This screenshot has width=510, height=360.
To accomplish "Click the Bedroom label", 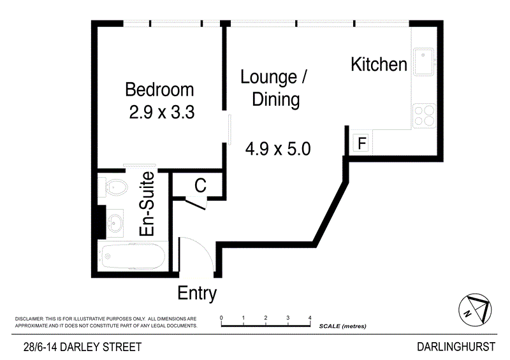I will pyautogui.click(x=159, y=89).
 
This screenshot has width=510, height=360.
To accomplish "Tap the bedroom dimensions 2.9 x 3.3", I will pyautogui.click(x=161, y=113).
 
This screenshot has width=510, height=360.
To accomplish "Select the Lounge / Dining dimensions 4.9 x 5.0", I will pyautogui.click(x=277, y=150).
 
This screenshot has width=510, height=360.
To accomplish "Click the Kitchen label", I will pyautogui.click(x=379, y=64).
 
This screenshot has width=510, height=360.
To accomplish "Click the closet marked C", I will pyautogui.click(x=200, y=186).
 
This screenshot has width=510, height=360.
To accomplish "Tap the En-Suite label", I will pyautogui.click(x=148, y=204).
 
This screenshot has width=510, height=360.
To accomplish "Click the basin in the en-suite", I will pyautogui.click(x=115, y=223).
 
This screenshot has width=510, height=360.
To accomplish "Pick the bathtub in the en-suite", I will pyautogui.click(x=132, y=257).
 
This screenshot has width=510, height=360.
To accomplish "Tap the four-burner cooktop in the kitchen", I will pyautogui.click(x=423, y=116).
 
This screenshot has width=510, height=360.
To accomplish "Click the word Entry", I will pyautogui.click(x=197, y=294).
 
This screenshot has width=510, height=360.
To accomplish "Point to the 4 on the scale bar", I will pyautogui.click(x=310, y=317).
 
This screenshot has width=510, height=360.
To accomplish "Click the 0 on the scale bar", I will pyautogui.click(x=221, y=317).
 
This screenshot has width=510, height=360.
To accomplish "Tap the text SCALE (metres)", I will pyautogui.click(x=342, y=326).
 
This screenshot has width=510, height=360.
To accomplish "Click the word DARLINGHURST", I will pyautogui.click(x=455, y=347).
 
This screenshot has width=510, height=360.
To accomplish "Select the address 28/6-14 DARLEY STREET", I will pyautogui.click(x=82, y=347).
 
